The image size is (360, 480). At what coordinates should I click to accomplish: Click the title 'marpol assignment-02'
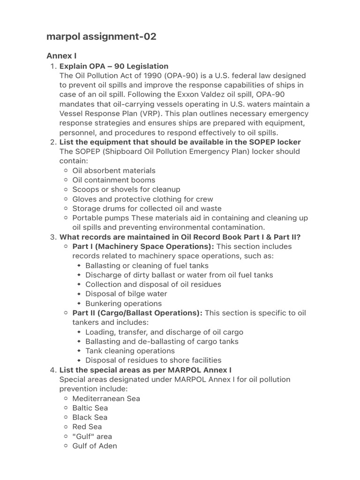pyautogui.click(x=101, y=37)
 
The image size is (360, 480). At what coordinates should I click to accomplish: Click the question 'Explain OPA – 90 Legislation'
pyautogui.click(x=114, y=66)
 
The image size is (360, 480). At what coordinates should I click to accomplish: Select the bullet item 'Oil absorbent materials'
pyautogui.click(x=114, y=171)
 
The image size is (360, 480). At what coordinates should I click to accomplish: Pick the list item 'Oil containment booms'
pyautogui.click(x=114, y=180)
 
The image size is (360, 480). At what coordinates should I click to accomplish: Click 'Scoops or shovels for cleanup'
pyautogui.click(x=126, y=189)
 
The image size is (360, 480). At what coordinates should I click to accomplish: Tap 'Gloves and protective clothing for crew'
pyautogui.click(x=142, y=199)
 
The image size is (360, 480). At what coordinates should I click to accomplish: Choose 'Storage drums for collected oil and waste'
pyautogui.click(x=147, y=209)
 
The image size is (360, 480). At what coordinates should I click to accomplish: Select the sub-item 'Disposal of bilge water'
pyautogui.click(x=126, y=294)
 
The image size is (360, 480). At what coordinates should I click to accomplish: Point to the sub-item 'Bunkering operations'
pyautogui.click(x=124, y=303)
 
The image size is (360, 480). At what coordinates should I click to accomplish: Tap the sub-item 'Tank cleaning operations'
pyautogui.click(x=130, y=351)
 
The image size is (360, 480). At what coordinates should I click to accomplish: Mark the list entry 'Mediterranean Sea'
pyautogui.click(x=106, y=398)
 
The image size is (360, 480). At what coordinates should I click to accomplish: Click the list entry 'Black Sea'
pyautogui.click(x=90, y=417)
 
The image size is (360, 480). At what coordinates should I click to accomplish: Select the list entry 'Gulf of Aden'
pyautogui.click(x=95, y=446)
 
